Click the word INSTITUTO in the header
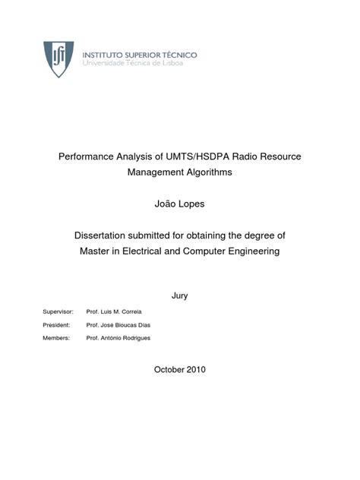[x=105, y=55]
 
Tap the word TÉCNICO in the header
[x=176, y=55]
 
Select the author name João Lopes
[x=179, y=204]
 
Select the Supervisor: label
[x=58, y=311]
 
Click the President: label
[x=57, y=324]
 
